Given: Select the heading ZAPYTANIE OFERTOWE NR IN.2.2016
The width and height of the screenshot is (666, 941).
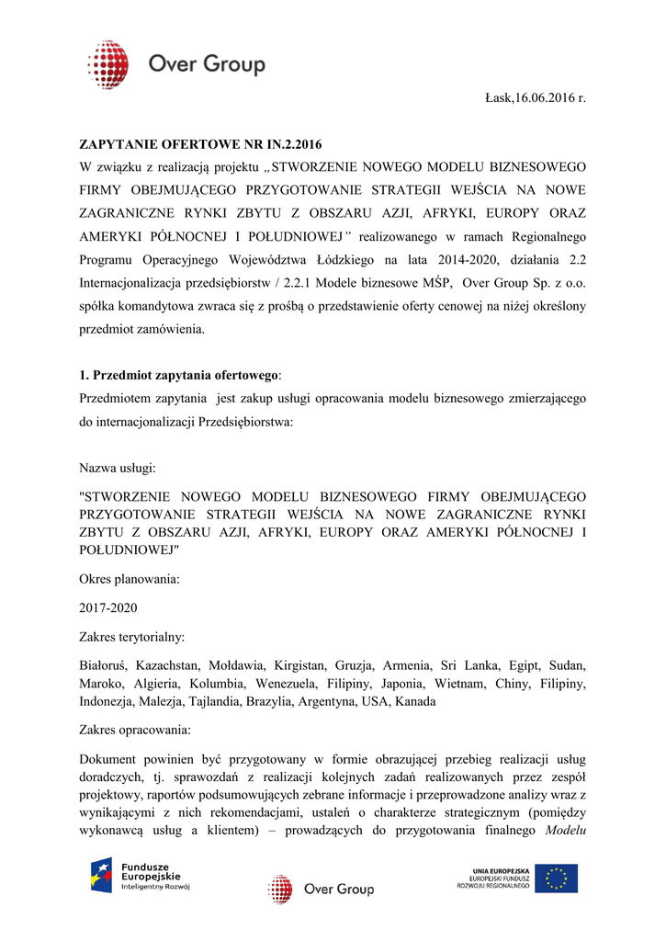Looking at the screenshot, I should pos(201,144).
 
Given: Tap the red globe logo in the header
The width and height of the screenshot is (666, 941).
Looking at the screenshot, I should pos(107,64).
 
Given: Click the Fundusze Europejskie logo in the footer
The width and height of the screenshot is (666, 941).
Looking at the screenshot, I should pos(140,876).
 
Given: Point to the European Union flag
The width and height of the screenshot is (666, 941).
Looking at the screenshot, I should pos(557,879).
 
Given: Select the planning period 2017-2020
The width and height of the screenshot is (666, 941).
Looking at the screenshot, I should pos(109,607).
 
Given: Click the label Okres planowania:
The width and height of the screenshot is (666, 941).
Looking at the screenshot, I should pos(130,580).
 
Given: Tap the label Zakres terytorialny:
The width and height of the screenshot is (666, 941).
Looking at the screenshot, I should pos(132,636).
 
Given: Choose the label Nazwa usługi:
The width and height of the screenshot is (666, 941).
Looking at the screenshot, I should pos(118,468).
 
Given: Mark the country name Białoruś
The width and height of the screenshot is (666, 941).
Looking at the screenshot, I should pos(103,664).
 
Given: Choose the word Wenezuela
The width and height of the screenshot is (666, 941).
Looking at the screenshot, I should pos(285,684).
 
